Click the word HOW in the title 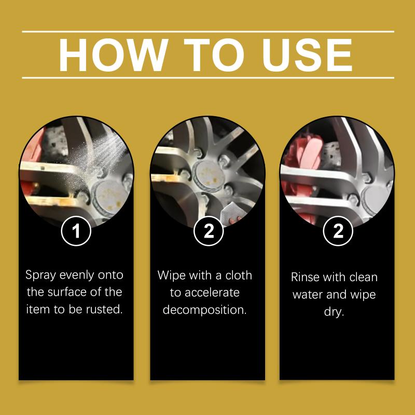coord(114,55)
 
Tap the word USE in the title coord(307,55)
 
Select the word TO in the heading coord(214,55)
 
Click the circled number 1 coord(76,231)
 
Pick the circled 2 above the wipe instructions coord(209,231)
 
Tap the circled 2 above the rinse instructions coord(338,231)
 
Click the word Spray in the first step coord(41,275)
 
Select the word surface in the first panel coord(64,292)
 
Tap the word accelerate coord(212,293)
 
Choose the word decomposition coord(204,310)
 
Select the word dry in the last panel coord(334,312)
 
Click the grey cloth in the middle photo coord(230,214)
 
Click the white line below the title coord(208,78)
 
